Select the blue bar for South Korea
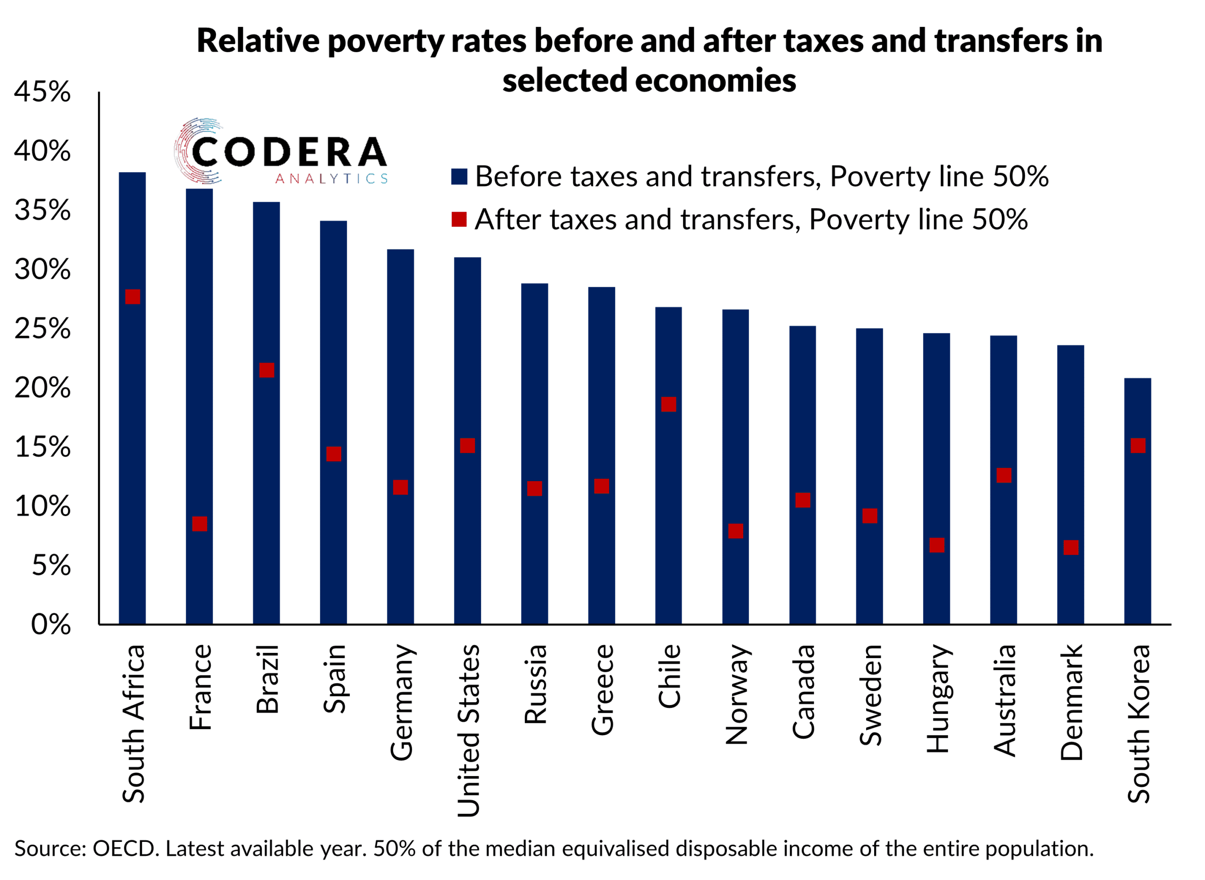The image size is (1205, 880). click(1138, 533)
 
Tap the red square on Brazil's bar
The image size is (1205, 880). click(266, 370)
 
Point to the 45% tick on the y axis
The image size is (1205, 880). click(43, 92)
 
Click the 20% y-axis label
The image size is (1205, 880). click(43, 388)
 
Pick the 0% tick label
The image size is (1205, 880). click(51, 624)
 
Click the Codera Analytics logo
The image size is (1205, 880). click(281, 152)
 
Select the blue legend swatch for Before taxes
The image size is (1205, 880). click(459, 176)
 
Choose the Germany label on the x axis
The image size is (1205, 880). click(402, 703)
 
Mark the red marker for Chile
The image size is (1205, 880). click(669, 404)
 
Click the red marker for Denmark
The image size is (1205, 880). click(1071, 547)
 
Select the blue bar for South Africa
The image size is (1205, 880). click(132, 426)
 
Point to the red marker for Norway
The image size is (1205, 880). click(735, 531)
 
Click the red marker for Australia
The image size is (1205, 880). click(1004, 475)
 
